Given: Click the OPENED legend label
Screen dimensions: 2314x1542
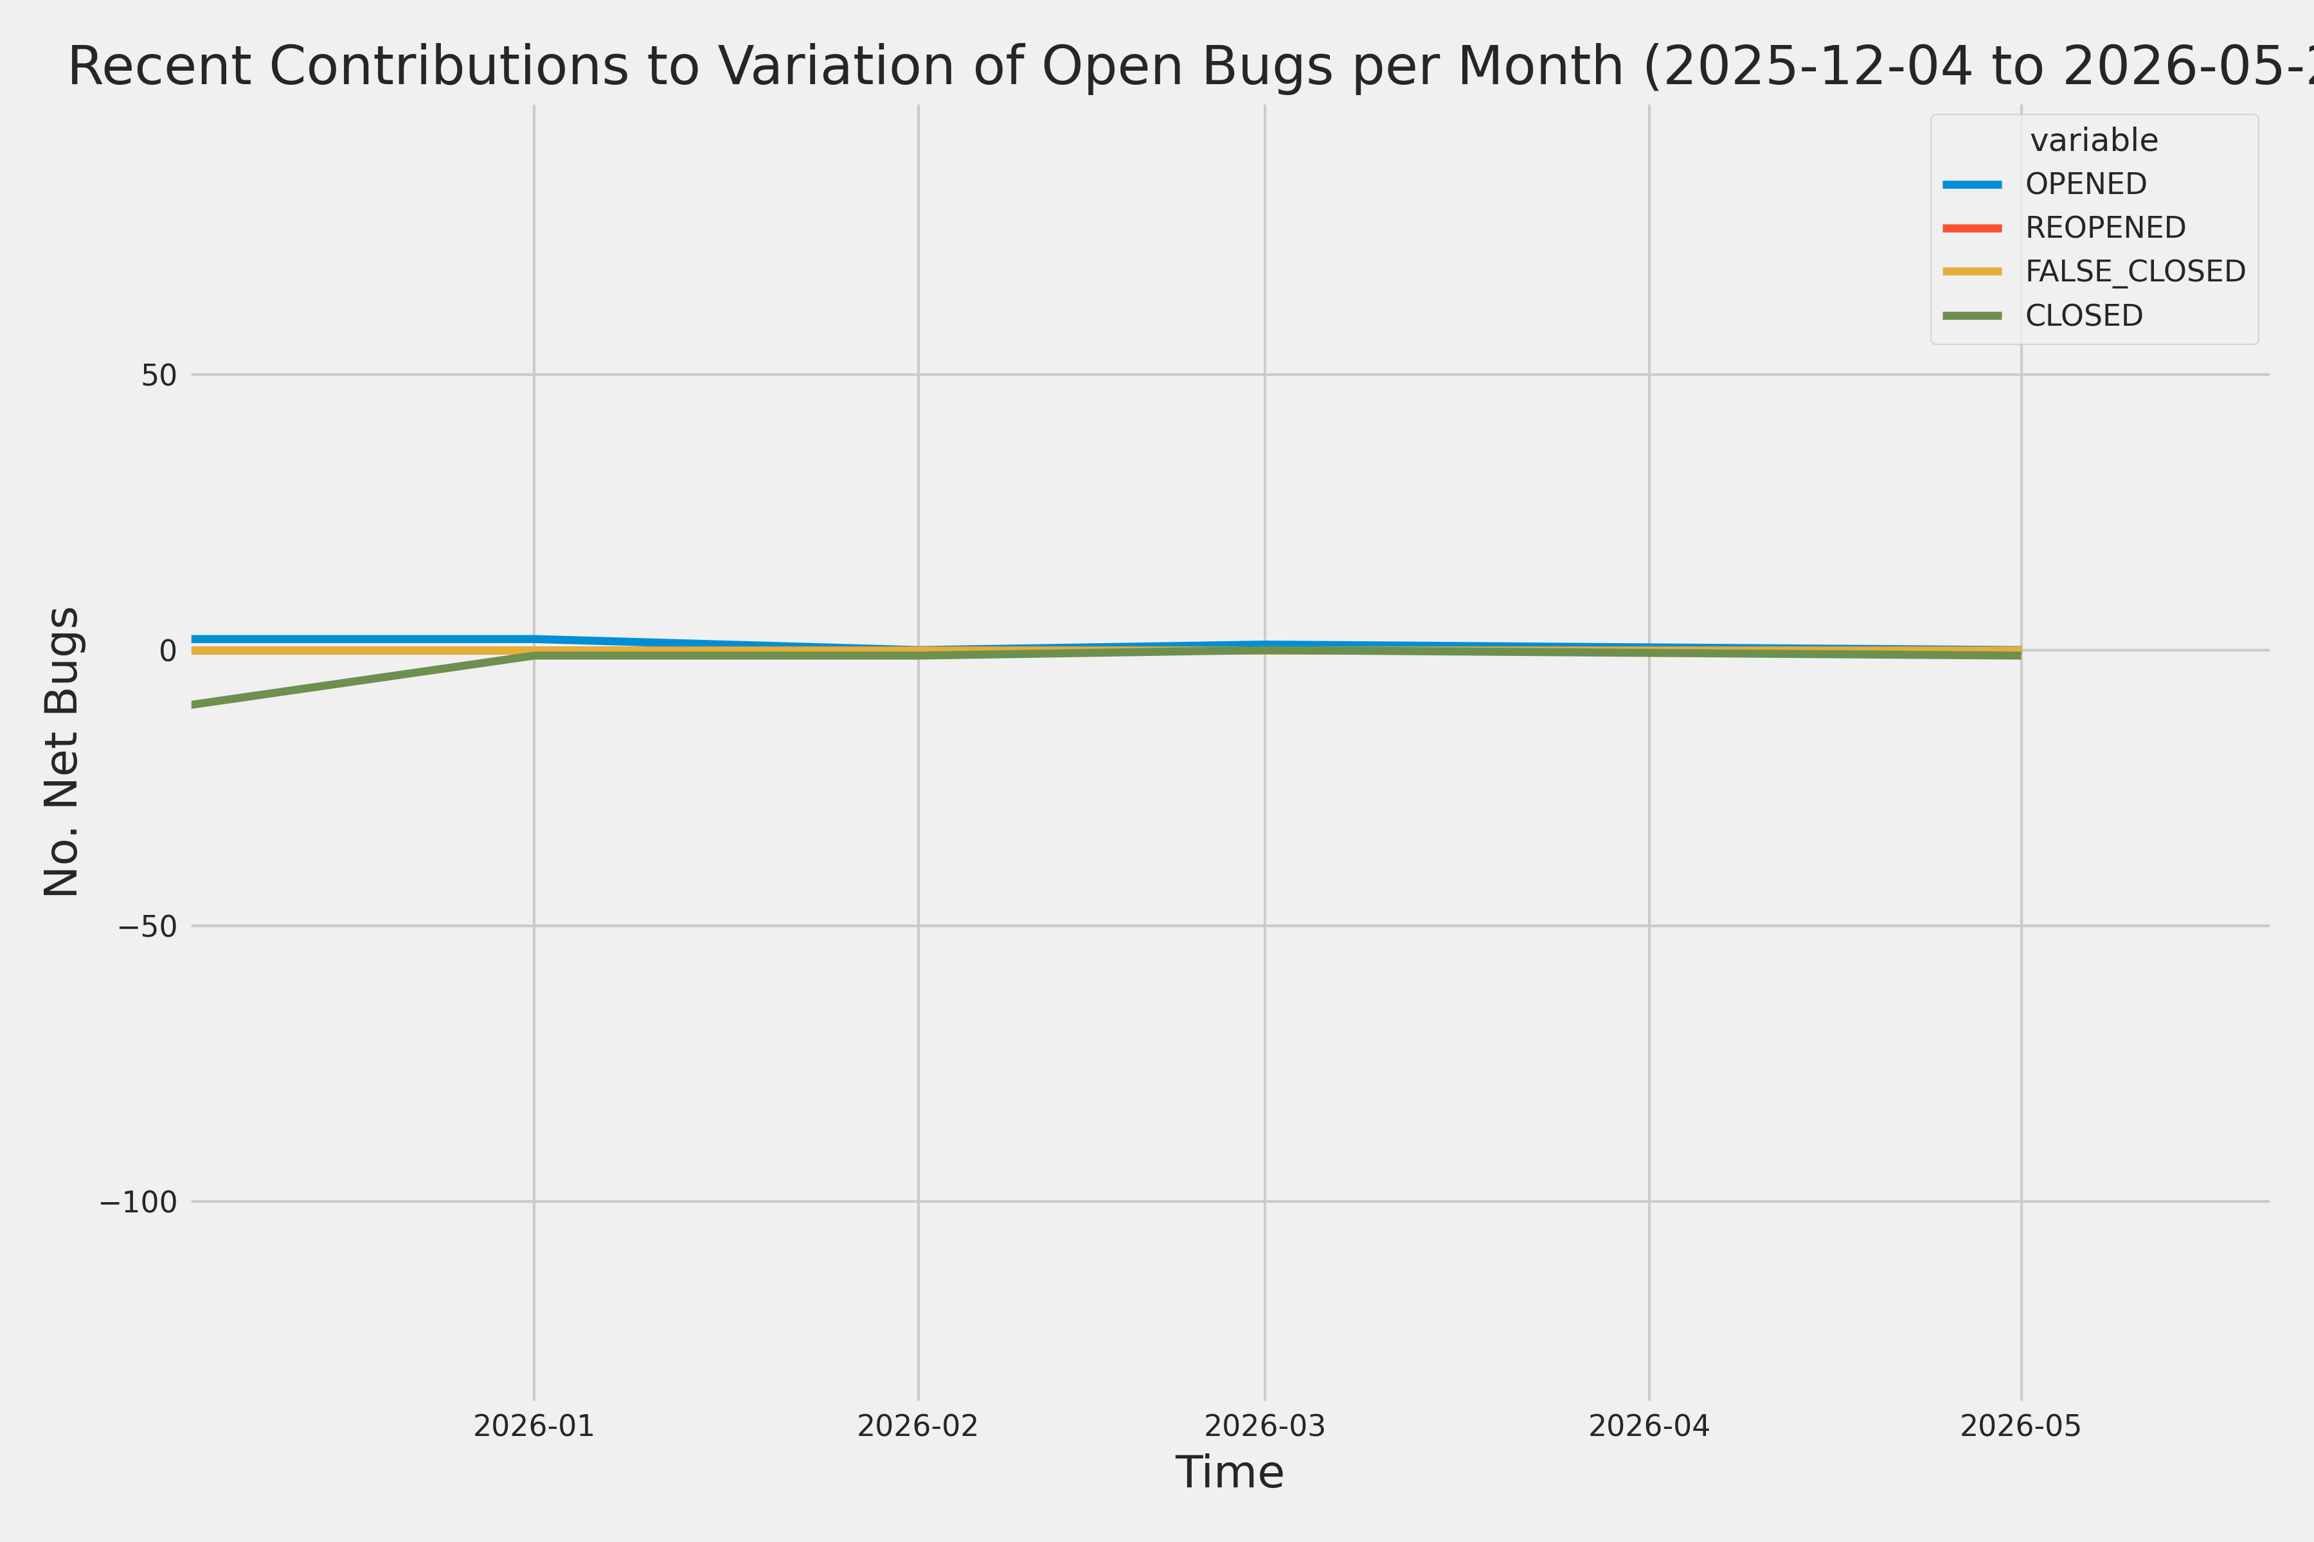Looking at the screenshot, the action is click(x=2086, y=184).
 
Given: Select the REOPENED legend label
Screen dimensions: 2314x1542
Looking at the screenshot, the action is click(x=2106, y=227).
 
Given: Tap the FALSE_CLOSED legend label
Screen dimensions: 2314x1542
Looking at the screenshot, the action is click(x=2135, y=271).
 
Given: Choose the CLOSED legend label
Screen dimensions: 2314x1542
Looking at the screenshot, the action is click(x=2084, y=315).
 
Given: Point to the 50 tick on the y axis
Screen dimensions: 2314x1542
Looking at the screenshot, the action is click(x=158, y=375).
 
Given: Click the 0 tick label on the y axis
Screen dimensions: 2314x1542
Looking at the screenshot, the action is click(x=168, y=650).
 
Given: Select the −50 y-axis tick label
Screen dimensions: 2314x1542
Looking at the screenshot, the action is click(x=148, y=925).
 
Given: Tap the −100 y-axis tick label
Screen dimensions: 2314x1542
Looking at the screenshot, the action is click(x=138, y=1201).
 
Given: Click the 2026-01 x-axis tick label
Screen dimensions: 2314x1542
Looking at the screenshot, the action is click(x=534, y=1426).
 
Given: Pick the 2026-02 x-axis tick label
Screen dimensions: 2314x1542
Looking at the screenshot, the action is click(x=918, y=1426).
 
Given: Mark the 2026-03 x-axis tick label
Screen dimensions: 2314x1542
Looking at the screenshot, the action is click(x=1265, y=1426).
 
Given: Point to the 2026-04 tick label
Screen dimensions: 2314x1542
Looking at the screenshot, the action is click(x=1649, y=1426).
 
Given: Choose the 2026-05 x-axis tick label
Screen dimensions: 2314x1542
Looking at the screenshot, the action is click(x=2021, y=1426).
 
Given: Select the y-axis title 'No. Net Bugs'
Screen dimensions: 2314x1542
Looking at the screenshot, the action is click(x=62, y=751).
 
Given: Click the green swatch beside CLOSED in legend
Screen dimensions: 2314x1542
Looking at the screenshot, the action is click(x=1973, y=315).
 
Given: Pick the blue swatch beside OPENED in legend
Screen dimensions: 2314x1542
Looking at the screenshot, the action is click(x=1973, y=184).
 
